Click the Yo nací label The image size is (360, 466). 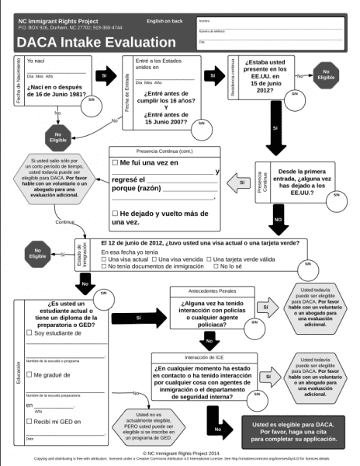click(x=36, y=61)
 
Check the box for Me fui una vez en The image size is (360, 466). click(x=114, y=162)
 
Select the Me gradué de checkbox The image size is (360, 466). click(x=29, y=375)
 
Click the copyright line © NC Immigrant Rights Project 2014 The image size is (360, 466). click(x=180, y=452)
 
